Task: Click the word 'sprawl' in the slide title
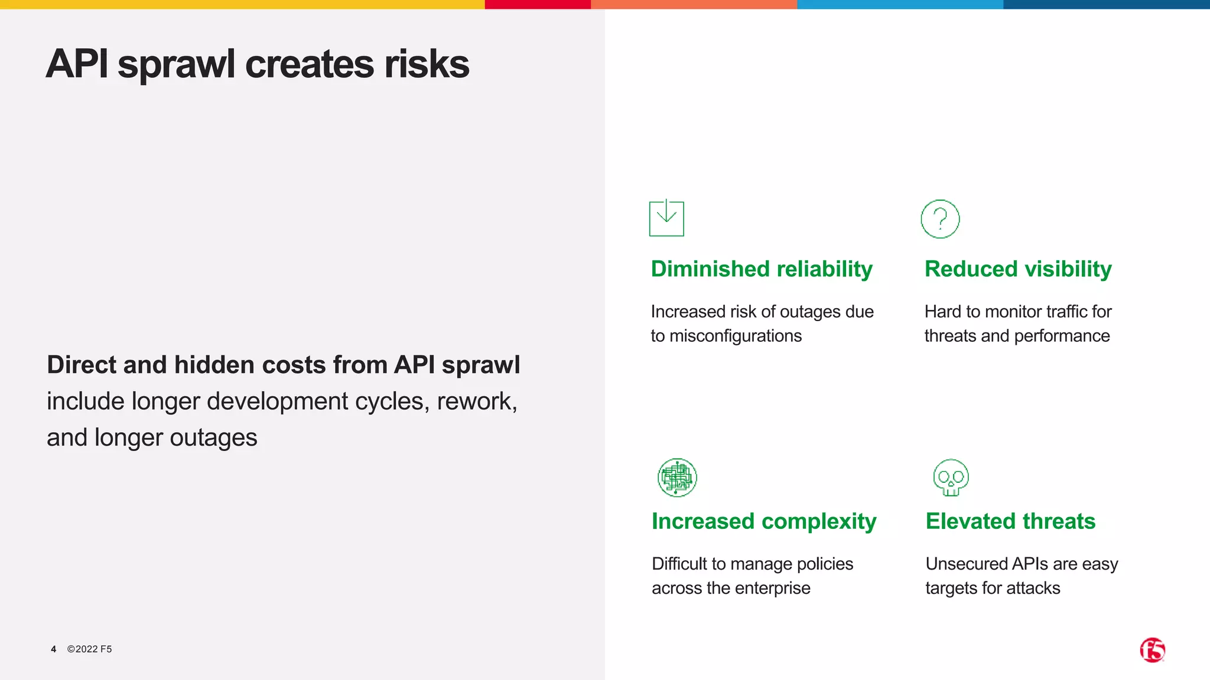coord(176,65)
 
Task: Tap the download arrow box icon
coord(666,218)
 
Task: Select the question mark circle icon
coord(940,219)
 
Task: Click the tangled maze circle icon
coord(677,478)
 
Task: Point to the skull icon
coord(951,478)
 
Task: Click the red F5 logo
coord(1152,650)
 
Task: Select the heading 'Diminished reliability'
coord(762,269)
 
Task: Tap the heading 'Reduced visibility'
coord(1018,269)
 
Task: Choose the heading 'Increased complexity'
coord(764,521)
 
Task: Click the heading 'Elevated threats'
coord(1010,521)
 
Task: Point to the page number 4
coord(54,649)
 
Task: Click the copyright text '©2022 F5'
coord(89,649)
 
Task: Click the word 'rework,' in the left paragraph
coord(477,401)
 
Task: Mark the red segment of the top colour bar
coord(538,4)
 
